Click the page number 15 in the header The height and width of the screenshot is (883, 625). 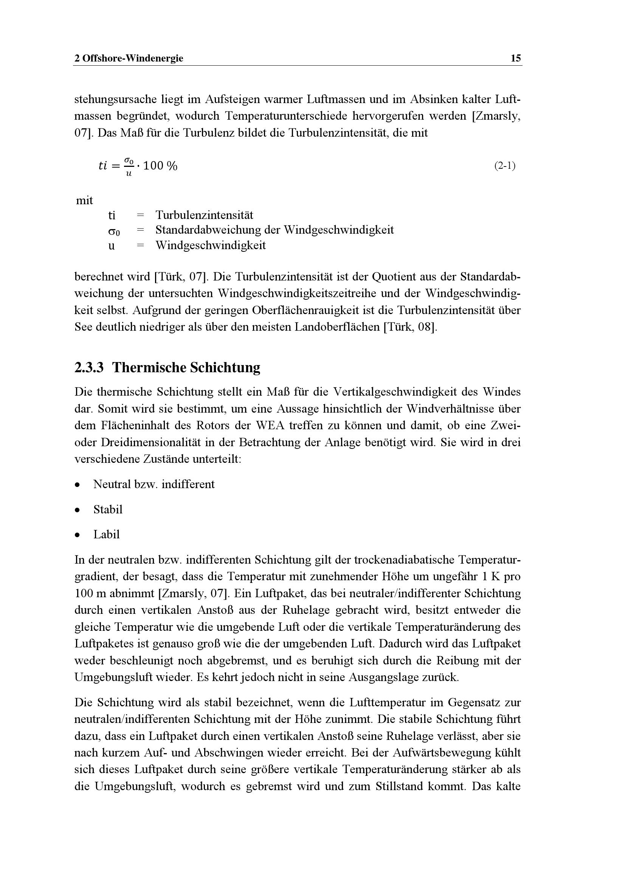(x=515, y=58)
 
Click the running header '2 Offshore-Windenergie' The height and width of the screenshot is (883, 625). (x=129, y=58)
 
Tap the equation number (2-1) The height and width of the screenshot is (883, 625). (x=504, y=166)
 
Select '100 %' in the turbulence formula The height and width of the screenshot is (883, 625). (x=160, y=166)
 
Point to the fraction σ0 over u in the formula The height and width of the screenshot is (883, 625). (x=129, y=166)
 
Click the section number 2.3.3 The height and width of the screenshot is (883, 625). (x=89, y=368)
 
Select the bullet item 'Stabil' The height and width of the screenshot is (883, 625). (x=108, y=510)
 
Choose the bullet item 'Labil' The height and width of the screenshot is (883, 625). (x=106, y=535)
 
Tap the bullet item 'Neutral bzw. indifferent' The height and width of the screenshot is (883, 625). (x=154, y=484)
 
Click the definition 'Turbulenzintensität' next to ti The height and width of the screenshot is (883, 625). (x=204, y=215)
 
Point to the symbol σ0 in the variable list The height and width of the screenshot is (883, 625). (x=113, y=231)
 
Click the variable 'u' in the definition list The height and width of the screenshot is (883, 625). (x=111, y=245)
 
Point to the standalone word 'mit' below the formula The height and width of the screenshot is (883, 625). (x=84, y=200)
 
